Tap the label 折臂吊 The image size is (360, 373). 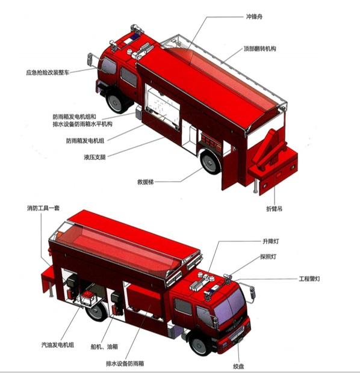[275, 209]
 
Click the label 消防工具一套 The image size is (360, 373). [46, 209]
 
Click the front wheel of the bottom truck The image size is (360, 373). [200, 344]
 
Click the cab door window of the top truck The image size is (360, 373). [128, 76]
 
